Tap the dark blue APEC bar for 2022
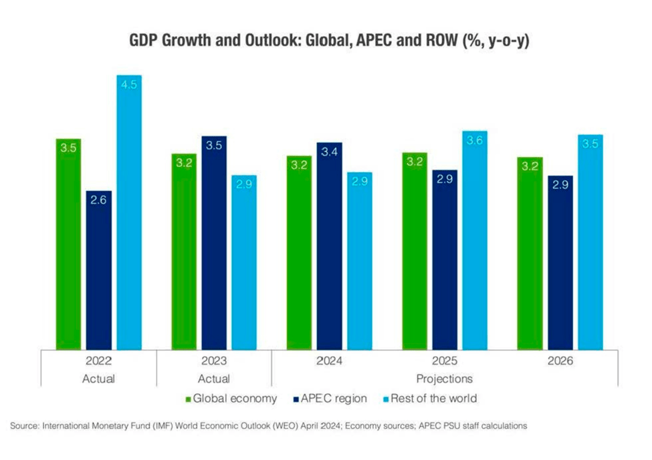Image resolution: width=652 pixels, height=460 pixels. coord(98,270)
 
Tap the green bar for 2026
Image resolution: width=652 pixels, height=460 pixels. coord(530,253)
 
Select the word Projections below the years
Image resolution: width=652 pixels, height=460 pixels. coord(445,379)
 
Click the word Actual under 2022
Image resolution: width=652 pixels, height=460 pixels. coord(99,379)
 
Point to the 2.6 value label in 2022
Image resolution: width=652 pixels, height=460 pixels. coord(98,199)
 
